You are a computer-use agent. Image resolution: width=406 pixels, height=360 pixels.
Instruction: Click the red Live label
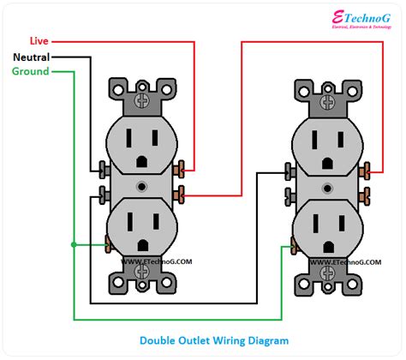point(39,41)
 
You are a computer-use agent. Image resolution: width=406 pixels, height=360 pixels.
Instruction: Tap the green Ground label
point(31,71)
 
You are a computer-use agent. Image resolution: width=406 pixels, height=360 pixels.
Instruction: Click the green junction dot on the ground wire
point(74,244)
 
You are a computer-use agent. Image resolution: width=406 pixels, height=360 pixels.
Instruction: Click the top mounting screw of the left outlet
point(143,100)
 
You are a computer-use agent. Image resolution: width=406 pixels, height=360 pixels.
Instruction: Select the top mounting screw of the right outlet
point(328,100)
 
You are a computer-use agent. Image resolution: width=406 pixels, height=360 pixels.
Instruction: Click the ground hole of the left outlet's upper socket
point(143,163)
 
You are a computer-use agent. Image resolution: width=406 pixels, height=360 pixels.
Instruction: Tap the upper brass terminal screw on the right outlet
point(367,169)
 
